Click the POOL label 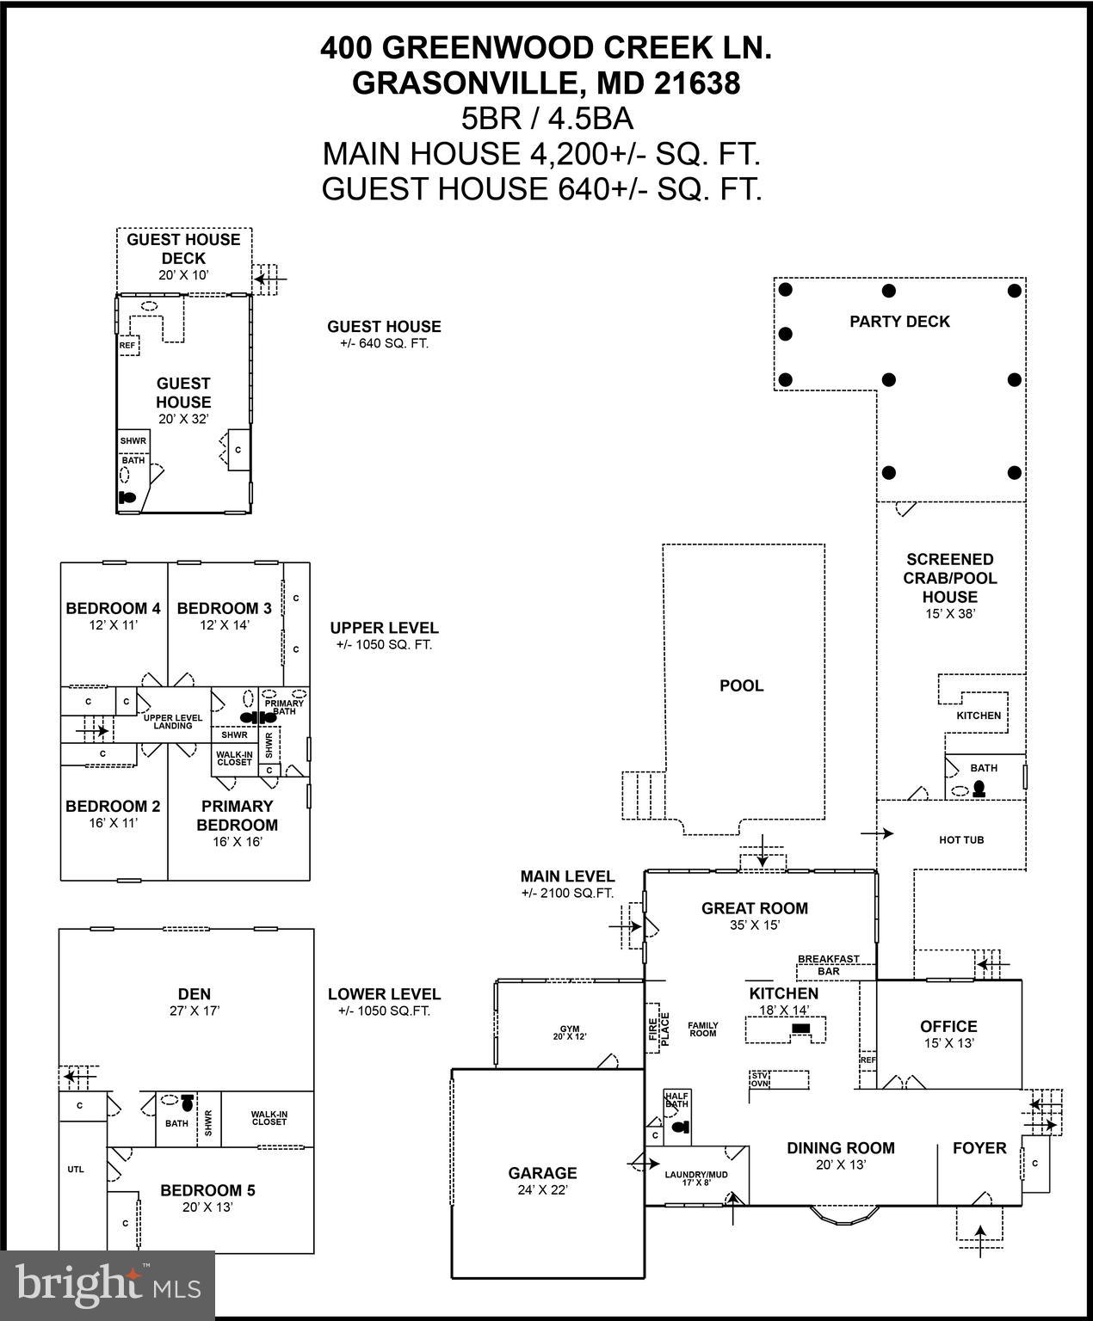tap(741, 685)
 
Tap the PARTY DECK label tap(899, 322)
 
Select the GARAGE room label tap(542, 1172)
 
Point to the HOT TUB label tap(960, 839)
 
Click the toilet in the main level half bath tap(681, 1127)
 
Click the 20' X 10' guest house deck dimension tap(183, 275)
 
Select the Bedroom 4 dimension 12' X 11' tap(113, 625)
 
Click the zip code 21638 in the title tap(696, 83)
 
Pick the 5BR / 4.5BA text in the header tap(546, 118)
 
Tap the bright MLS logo tap(108, 1286)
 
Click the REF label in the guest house tap(127, 346)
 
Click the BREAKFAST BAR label tap(828, 965)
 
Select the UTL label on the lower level tap(76, 1169)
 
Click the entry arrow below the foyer tap(979, 1241)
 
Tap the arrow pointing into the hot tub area tap(877, 833)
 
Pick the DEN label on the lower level tap(195, 993)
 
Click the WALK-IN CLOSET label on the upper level tap(234, 759)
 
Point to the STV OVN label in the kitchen tap(759, 1079)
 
